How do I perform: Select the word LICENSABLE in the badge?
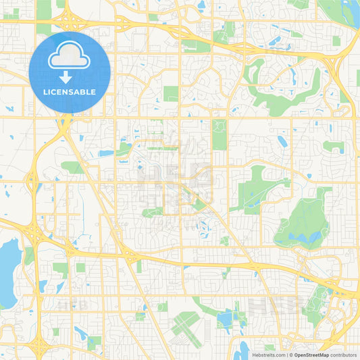[x=69, y=92]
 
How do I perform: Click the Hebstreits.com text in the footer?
[x=267, y=355]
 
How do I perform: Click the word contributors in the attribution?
[x=343, y=355]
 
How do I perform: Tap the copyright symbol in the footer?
[x=291, y=355]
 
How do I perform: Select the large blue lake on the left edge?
[x=8, y=270]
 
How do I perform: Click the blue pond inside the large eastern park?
[x=312, y=237]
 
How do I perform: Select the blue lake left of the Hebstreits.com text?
[x=242, y=351]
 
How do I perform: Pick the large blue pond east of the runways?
[x=226, y=317]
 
